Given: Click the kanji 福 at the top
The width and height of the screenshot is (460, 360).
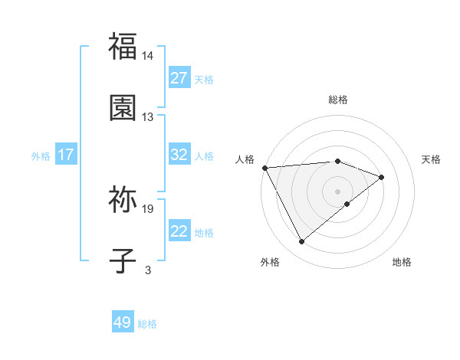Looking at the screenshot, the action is [123, 46].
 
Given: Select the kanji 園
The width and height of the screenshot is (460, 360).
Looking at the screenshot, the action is [123, 107].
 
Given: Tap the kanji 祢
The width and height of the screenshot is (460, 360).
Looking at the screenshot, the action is [123, 201].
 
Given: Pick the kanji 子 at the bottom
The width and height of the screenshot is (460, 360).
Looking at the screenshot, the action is [123, 262].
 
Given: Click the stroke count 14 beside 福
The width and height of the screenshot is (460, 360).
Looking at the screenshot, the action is [148, 56].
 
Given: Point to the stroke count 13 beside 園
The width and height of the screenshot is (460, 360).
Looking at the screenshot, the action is [148, 117].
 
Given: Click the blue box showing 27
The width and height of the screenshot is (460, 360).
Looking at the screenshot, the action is [179, 78].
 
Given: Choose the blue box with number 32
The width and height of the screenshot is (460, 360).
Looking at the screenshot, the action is [179, 155].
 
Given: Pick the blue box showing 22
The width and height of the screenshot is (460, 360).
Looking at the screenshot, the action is [179, 231].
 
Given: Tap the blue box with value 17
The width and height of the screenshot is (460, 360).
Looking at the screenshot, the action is [66, 155].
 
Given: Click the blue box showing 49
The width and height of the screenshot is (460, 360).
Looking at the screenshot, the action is [123, 322].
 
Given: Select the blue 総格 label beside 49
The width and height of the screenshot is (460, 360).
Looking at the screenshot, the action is [147, 324].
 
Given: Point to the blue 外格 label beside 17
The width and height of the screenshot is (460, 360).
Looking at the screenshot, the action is [41, 156].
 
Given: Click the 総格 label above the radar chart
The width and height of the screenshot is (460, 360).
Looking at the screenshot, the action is [338, 100].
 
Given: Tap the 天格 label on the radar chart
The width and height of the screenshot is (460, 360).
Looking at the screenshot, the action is [432, 159].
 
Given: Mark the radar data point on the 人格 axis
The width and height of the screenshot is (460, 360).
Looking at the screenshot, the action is [264, 168].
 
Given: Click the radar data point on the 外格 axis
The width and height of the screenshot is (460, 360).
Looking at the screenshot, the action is [301, 242].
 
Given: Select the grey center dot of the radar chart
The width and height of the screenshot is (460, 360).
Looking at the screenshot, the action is [338, 191].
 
